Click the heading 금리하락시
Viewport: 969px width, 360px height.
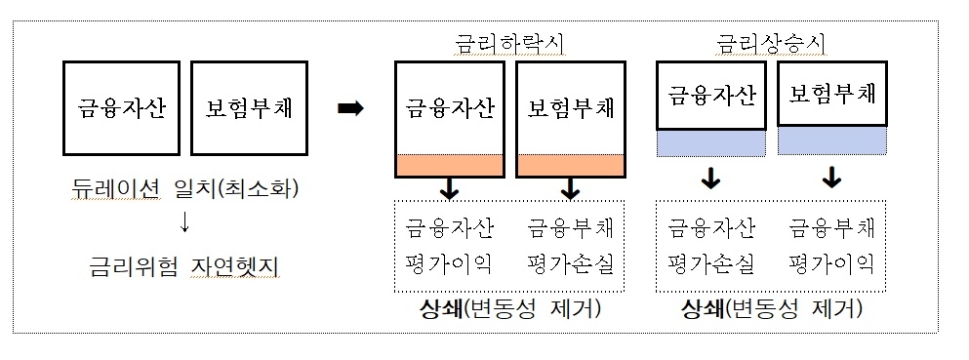(x=510, y=44)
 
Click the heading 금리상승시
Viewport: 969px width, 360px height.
(x=771, y=44)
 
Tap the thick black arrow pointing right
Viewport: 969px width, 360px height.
(x=350, y=109)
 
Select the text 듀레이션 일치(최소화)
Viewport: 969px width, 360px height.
(x=184, y=188)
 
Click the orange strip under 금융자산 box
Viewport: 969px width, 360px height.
(x=451, y=166)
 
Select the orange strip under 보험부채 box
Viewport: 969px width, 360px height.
(x=570, y=166)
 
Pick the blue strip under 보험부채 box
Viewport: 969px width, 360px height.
(x=831, y=142)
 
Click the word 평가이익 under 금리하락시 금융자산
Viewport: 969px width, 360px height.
(x=450, y=264)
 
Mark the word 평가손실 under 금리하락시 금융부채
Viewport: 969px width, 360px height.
(x=570, y=264)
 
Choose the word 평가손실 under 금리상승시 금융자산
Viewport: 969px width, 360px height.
(x=711, y=264)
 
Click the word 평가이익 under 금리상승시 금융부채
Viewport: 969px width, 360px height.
(x=831, y=264)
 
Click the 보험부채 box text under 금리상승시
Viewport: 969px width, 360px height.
(x=831, y=96)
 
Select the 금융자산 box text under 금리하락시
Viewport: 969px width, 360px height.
(x=450, y=108)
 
